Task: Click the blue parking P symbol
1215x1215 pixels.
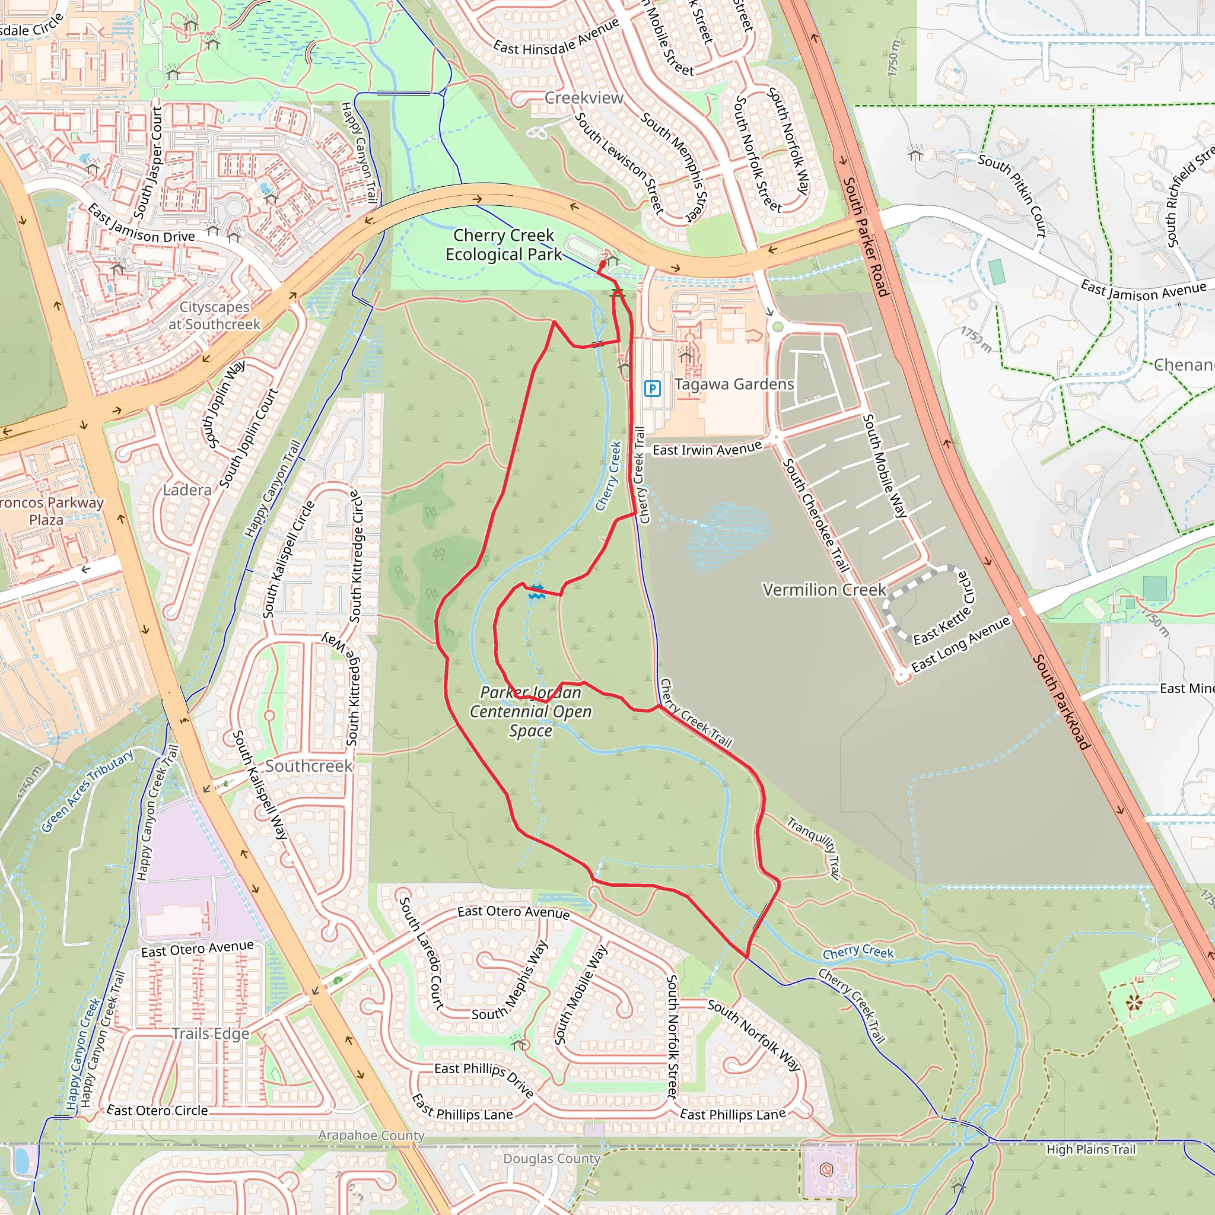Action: click(652, 388)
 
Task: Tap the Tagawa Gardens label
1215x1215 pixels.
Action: click(734, 384)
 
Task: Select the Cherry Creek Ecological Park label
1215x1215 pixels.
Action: click(504, 244)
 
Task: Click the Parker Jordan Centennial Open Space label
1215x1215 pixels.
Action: click(531, 711)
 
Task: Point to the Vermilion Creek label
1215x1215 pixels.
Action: click(824, 590)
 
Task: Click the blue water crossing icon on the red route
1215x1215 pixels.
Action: click(536, 591)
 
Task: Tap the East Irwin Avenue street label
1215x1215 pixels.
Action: click(707, 449)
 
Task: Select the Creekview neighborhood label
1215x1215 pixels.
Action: click(584, 98)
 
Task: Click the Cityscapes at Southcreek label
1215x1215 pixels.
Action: click(214, 316)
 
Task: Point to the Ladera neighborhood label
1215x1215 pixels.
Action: click(187, 490)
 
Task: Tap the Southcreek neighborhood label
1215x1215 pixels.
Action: click(308, 766)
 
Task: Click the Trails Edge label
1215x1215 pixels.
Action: click(211, 1034)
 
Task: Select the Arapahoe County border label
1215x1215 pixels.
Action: click(371, 1135)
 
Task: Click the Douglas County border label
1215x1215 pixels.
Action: click(552, 1159)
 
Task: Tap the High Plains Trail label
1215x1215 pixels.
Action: click(1090, 1150)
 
